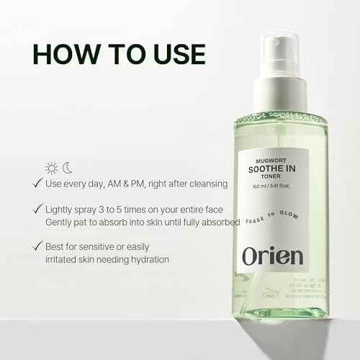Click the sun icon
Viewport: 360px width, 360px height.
point(52,168)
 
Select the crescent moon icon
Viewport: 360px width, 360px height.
point(68,168)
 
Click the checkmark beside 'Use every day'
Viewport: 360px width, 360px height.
point(37,184)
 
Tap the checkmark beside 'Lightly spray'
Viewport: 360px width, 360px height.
point(37,210)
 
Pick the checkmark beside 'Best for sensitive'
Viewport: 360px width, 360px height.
point(37,247)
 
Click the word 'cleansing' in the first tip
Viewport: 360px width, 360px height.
point(205,184)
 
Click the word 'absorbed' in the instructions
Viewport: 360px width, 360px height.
point(219,222)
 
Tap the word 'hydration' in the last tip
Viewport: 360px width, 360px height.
point(147,259)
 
